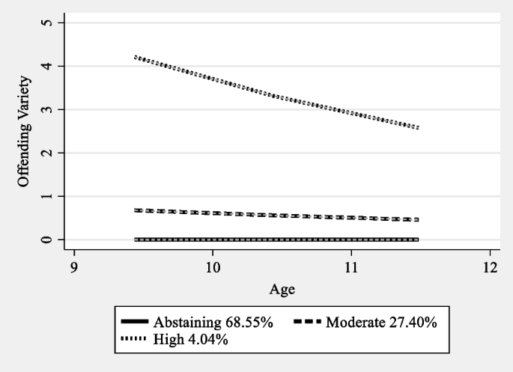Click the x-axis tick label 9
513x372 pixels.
pos(73,267)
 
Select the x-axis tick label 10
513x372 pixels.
pos(212,267)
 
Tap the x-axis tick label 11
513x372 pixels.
pos(350,267)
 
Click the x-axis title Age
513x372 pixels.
pos(281,287)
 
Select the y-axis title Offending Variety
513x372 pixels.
pos(24,132)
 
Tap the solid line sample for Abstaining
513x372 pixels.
pos(135,322)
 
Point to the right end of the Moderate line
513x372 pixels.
pos(418,219)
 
